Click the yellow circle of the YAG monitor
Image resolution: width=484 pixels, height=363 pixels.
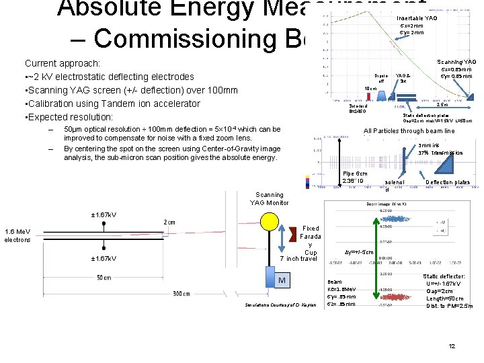click(x=270, y=221)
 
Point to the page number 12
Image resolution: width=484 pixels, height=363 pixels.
click(x=452, y=346)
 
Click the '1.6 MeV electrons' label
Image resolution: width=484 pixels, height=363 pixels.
click(x=17, y=235)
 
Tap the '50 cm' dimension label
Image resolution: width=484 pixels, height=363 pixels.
click(x=104, y=278)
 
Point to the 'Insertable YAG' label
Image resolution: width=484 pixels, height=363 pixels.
click(x=417, y=18)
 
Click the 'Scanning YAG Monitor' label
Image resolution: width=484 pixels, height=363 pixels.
click(x=269, y=198)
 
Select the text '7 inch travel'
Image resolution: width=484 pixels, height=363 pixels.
click(x=298, y=259)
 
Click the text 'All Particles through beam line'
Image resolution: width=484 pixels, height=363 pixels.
click(x=409, y=131)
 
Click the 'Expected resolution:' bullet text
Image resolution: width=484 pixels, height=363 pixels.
click(x=69, y=117)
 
